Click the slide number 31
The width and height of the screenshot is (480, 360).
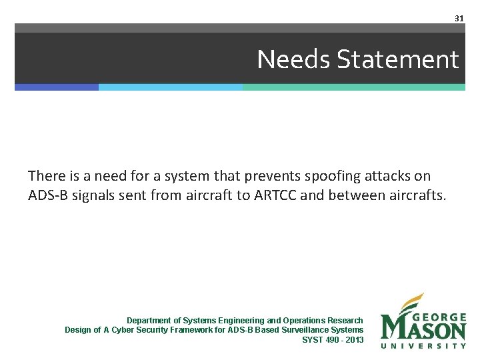[x=459, y=18]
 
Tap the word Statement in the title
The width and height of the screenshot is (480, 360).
[x=398, y=60]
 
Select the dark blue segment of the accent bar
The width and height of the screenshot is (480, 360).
[x=57, y=87]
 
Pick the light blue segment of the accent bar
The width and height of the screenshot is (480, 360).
[x=171, y=87]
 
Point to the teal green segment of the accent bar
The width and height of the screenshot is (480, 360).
[x=353, y=87]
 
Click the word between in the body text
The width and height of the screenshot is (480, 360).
[x=353, y=195]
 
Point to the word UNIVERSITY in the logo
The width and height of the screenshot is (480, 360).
[x=423, y=345]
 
